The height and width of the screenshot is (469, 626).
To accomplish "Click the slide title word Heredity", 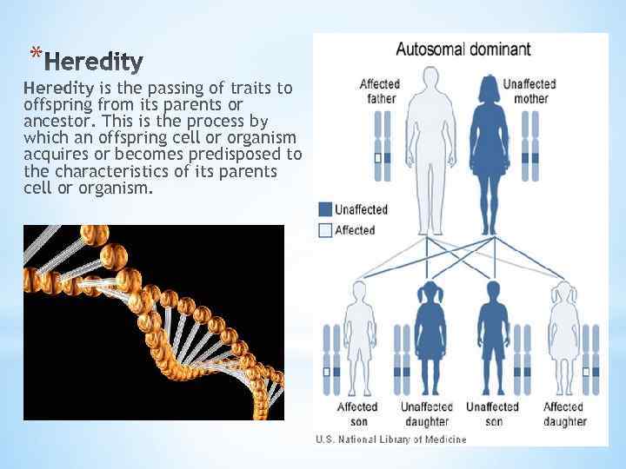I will (x=93, y=62).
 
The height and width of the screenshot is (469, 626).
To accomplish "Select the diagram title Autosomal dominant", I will (x=463, y=49).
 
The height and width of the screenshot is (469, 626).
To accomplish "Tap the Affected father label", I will (x=380, y=90).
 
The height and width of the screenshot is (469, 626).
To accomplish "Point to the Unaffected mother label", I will (x=529, y=90).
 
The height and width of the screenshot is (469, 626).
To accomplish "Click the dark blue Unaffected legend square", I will (x=325, y=209).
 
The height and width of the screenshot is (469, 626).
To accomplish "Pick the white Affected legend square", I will (x=325, y=230).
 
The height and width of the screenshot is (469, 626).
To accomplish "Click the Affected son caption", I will (x=357, y=413).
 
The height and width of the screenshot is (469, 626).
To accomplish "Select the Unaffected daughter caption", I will (x=427, y=413).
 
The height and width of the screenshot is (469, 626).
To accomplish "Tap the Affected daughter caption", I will (x=564, y=413).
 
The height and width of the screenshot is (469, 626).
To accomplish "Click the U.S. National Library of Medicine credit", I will (x=390, y=439).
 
